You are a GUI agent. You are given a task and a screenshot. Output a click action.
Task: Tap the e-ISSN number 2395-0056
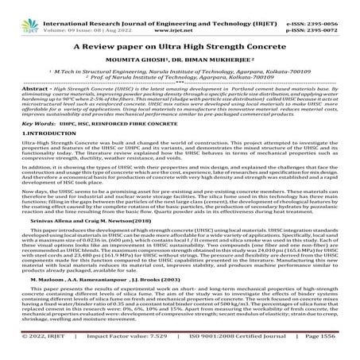(331, 7)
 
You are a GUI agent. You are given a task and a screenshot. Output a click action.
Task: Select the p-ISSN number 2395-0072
(331, 15)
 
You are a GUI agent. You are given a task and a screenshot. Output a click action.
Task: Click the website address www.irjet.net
(182, 15)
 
